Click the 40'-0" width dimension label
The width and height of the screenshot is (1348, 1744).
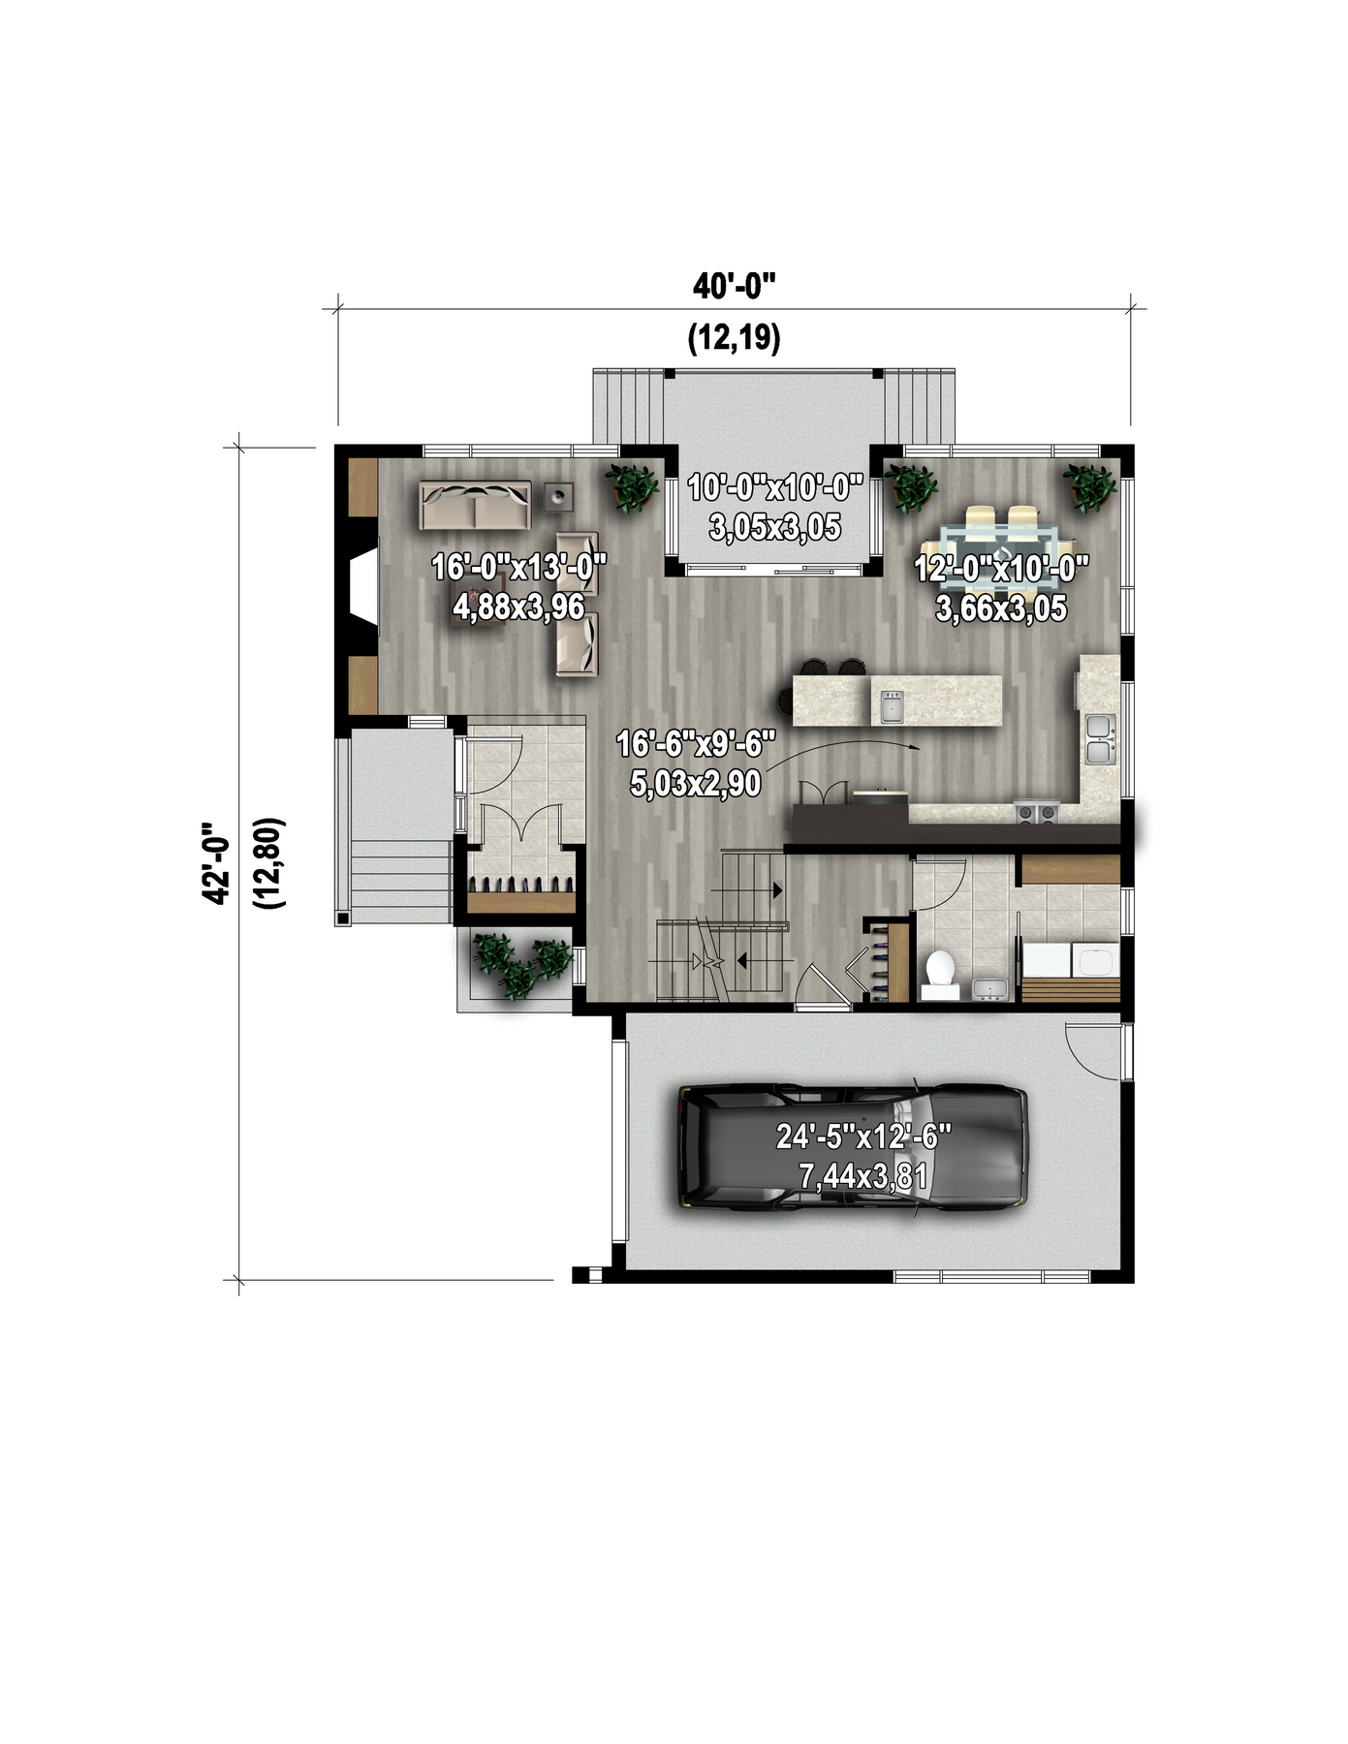pos(735,287)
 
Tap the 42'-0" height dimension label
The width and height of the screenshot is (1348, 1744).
pos(215,863)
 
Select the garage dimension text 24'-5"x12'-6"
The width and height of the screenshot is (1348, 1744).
pos(863,1137)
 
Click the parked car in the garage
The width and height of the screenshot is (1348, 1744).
pos(853,1148)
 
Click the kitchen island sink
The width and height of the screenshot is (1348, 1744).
pos(891,706)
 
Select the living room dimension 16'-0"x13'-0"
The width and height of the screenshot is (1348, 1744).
pos(519,567)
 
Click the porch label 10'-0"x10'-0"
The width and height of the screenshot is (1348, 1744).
pos(775,487)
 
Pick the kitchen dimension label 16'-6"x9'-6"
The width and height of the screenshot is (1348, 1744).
pos(696,744)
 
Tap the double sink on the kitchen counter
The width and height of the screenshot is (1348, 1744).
pos(1100,739)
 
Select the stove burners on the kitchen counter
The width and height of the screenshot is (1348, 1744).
pos(1035,813)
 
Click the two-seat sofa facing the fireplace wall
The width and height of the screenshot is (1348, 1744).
pos(475,504)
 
